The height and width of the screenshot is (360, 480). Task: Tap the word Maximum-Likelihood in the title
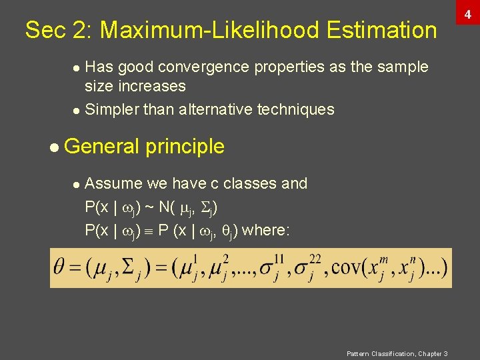coord(210,30)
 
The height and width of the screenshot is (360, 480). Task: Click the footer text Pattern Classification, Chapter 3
coord(397,353)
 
